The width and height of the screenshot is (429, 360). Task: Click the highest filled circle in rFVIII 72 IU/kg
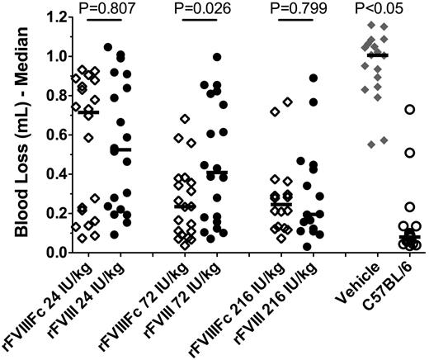[217, 57]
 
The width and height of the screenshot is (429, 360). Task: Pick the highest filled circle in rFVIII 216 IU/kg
[313, 78]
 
